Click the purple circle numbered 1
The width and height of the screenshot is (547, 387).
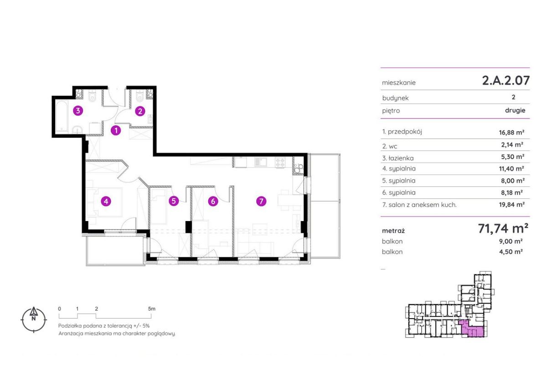116,130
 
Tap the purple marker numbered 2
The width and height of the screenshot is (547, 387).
140,111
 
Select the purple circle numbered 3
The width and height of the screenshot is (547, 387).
78,111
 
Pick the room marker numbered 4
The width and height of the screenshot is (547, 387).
106,201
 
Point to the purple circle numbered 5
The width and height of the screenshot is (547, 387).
174,201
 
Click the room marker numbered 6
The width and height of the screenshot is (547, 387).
213,201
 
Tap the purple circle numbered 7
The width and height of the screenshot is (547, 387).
261,201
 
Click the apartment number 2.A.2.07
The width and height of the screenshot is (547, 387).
506,80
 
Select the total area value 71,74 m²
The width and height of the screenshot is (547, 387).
503,228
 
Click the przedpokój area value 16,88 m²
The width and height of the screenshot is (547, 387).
511,132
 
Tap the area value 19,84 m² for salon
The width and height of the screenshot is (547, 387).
511,204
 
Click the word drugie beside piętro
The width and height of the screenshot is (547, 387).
515,110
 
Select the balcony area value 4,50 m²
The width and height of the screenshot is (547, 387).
511,252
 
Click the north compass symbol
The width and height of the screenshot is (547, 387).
34,320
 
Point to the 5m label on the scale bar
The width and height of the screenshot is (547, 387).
151,309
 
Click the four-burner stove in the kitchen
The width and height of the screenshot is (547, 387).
280,162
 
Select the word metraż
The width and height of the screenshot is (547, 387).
393,231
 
